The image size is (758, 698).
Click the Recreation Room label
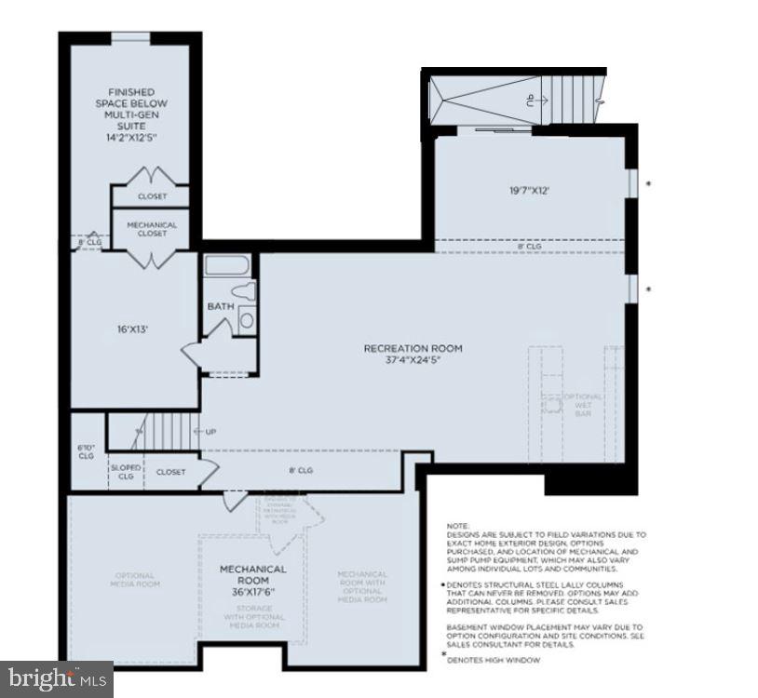(x=413, y=355)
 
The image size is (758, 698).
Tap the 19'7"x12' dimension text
(x=528, y=191)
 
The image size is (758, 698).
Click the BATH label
(x=221, y=306)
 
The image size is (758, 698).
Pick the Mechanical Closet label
(x=152, y=229)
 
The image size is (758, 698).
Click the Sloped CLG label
(x=125, y=472)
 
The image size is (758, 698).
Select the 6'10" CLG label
(x=86, y=451)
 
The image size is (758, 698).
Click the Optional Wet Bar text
(x=584, y=406)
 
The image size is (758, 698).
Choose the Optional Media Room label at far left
(x=135, y=580)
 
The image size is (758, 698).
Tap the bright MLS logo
(x=56, y=678)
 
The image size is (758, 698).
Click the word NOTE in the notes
(x=458, y=526)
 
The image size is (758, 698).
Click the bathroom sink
(x=247, y=320)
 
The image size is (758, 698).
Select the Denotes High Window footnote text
(x=485, y=660)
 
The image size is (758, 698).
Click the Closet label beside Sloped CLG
(x=170, y=472)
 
